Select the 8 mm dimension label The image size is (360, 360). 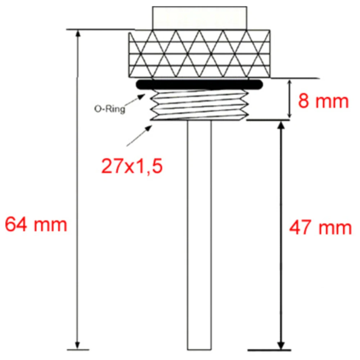(x=323, y=102)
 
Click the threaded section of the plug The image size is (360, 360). (x=199, y=105)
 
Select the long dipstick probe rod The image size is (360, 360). (x=199, y=234)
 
